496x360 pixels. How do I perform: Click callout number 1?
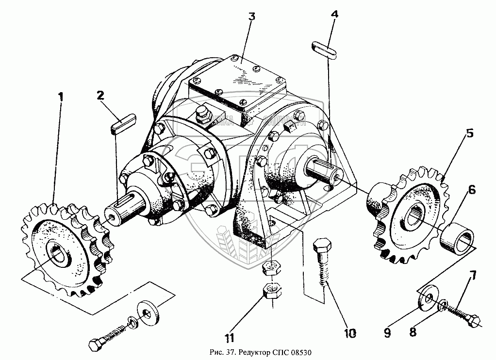[x=61, y=97]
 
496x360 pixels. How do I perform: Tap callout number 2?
[x=100, y=95]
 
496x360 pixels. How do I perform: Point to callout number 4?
[x=334, y=15]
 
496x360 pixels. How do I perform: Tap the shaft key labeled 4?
[x=324, y=50]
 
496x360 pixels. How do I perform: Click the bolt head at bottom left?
[x=96, y=344]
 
